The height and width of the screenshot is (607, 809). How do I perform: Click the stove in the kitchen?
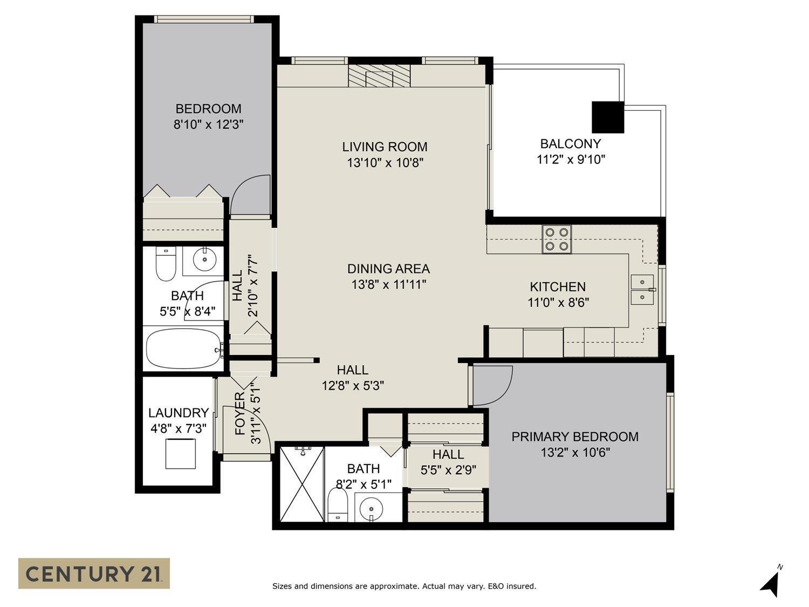click(557, 239)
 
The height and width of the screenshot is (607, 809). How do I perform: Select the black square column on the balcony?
click(608, 117)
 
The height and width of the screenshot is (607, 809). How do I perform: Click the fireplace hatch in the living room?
click(379, 76)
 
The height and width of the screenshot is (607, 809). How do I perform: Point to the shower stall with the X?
click(302, 483)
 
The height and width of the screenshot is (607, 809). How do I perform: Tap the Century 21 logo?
click(94, 573)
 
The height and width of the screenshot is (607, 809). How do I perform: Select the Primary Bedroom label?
click(575, 437)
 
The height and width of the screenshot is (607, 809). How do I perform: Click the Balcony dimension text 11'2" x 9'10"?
click(571, 159)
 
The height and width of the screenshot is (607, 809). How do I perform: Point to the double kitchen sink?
click(642, 289)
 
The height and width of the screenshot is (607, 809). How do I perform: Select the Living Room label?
click(385, 147)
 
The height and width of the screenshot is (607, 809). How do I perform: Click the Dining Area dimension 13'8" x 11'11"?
click(388, 284)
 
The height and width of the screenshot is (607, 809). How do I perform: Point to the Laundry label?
click(178, 413)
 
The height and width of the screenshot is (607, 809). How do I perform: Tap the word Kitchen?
click(558, 287)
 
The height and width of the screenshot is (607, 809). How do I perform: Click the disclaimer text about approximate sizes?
click(404, 586)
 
